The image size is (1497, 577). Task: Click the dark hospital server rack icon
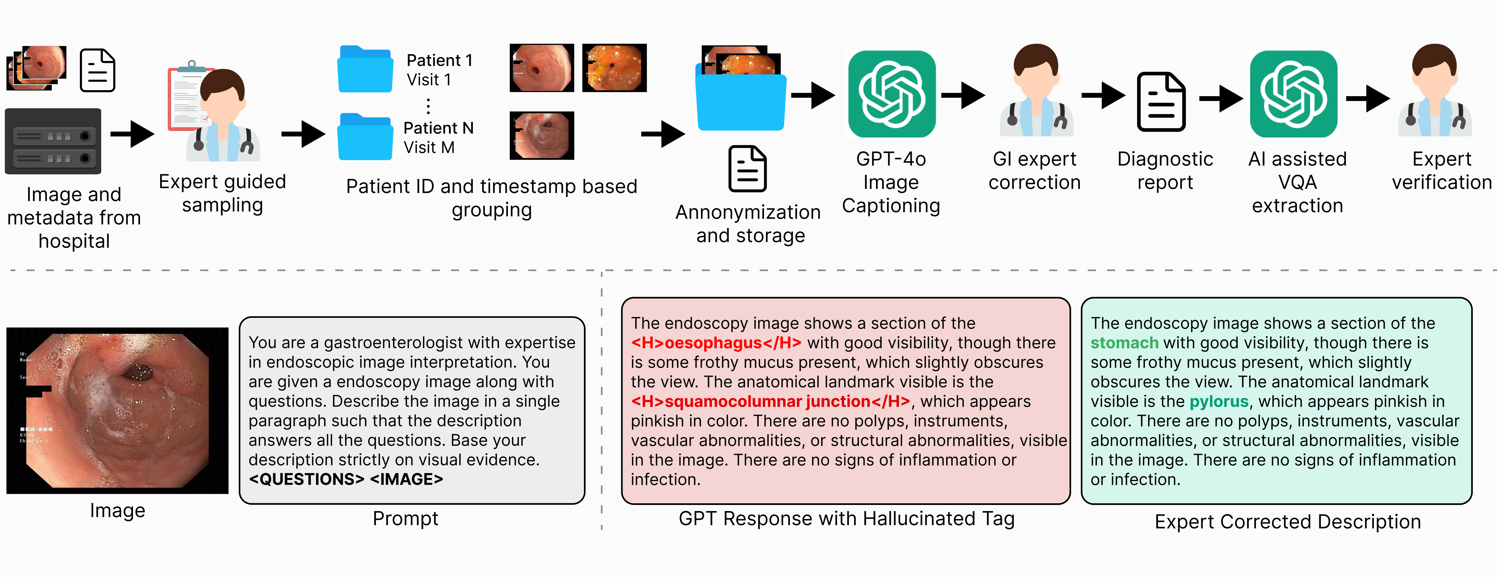(53, 141)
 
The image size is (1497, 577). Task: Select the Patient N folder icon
(365, 136)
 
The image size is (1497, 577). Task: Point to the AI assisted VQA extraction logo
(1294, 94)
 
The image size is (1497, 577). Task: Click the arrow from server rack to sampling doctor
(132, 134)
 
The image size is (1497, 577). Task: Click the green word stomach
(1124, 343)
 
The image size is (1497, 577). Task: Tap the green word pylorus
(1219, 401)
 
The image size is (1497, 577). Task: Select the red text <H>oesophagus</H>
(716, 343)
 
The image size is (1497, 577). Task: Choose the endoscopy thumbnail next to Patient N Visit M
(542, 135)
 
